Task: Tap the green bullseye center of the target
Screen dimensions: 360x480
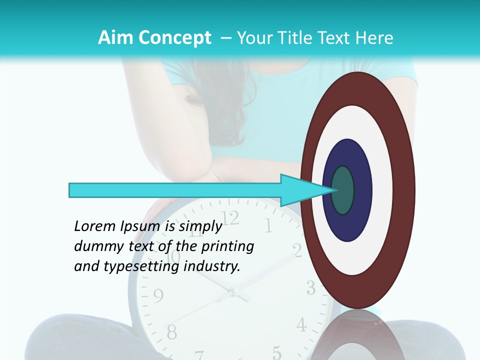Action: coord(342,190)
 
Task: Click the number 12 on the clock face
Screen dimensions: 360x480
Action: coord(230,218)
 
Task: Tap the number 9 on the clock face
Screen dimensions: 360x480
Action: coord(158,296)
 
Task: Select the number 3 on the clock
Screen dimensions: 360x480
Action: coord(310,288)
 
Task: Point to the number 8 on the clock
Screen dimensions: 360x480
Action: coord(171,331)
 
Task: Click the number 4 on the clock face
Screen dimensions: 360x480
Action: coord(301,325)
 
